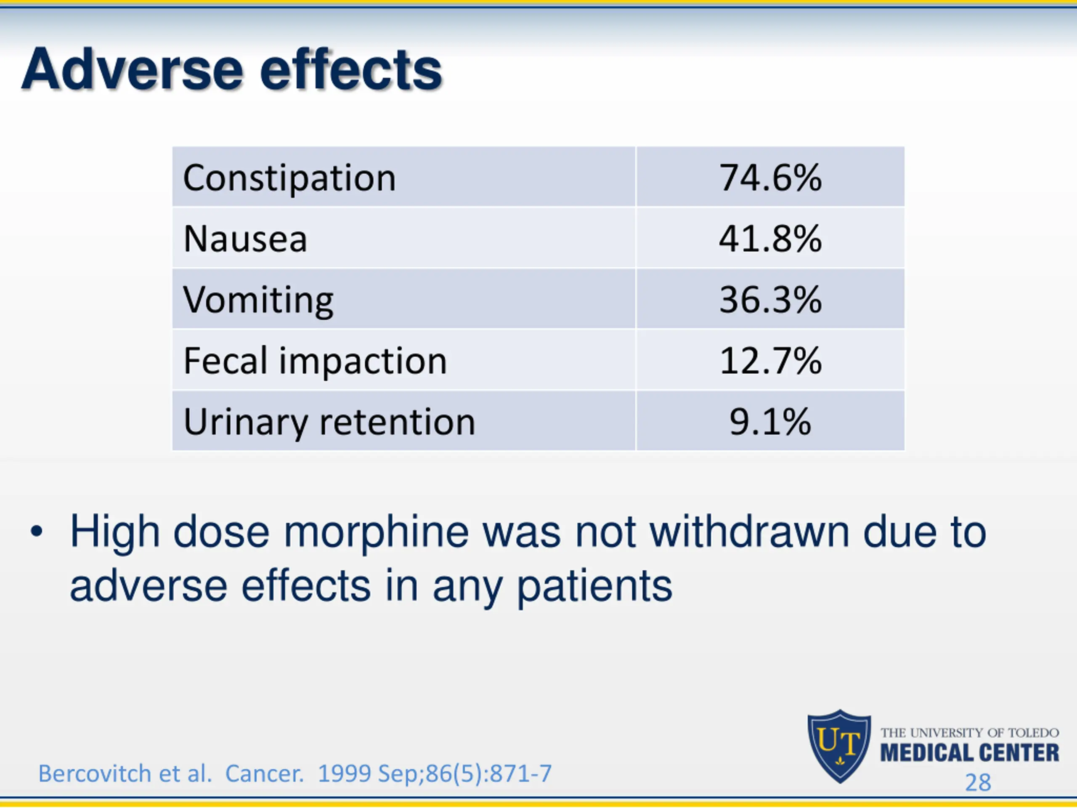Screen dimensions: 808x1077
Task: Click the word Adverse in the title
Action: point(131,69)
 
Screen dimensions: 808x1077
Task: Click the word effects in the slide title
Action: point(350,69)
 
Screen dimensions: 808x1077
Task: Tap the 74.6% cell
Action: point(770,178)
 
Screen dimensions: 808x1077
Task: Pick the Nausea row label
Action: point(245,239)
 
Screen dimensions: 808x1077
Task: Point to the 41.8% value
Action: point(770,239)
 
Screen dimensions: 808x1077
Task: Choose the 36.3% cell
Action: point(770,300)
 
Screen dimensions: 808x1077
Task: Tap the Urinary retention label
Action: point(329,422)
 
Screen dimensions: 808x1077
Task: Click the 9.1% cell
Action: point(770,421)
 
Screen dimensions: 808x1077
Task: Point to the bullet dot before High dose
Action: point(37,532)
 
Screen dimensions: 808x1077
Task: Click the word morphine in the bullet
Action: point(376,532)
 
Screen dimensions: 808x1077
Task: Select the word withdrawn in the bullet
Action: point(749,532)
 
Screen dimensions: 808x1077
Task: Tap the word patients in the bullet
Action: point(594,586)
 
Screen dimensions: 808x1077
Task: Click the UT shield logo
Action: point(839,745)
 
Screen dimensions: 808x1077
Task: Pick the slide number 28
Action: point(978,783)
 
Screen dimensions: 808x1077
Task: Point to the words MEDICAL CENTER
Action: point(969,753)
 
